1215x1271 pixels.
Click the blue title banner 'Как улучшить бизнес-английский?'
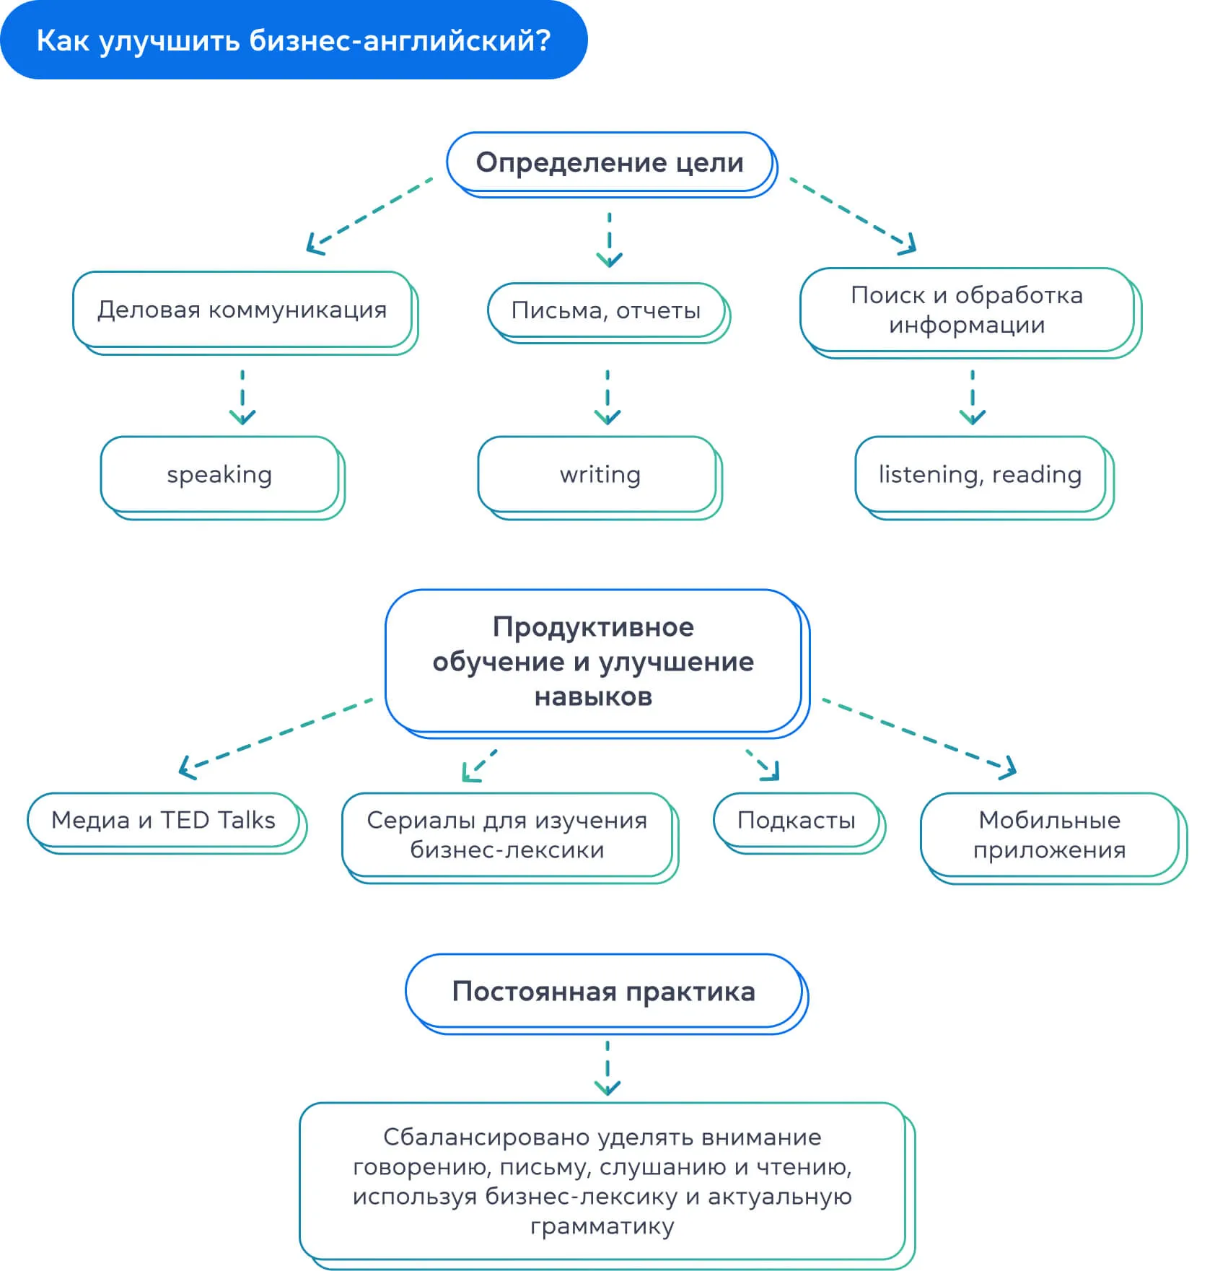[293, 40]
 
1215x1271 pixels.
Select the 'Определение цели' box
[610, 163]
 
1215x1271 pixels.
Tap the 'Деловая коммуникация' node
[242, 310]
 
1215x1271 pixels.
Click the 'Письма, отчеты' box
[606, 311]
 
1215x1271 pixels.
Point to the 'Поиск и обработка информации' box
[967, 310]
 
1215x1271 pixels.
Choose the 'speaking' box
[220, 475]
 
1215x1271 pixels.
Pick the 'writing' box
[599, 475]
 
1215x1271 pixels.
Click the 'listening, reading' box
[980, 475]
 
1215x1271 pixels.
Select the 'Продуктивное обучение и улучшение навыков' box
[593, 662]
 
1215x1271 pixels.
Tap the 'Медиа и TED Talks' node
[164, 821]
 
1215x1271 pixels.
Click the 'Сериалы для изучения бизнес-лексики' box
[507, 835]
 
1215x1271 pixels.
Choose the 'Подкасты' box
[797, 821]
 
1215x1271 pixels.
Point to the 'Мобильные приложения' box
[1050, 835]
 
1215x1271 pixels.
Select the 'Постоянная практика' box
[604, 992]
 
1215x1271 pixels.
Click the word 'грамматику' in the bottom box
[602, 1227]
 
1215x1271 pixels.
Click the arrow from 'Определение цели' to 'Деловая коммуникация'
[368, 215]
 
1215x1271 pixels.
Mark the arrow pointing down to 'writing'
[607, 397]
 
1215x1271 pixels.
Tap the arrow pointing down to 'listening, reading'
[973, 397]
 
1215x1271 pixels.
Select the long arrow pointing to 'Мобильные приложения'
[920, 738]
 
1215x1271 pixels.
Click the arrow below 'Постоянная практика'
[607, 1068]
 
